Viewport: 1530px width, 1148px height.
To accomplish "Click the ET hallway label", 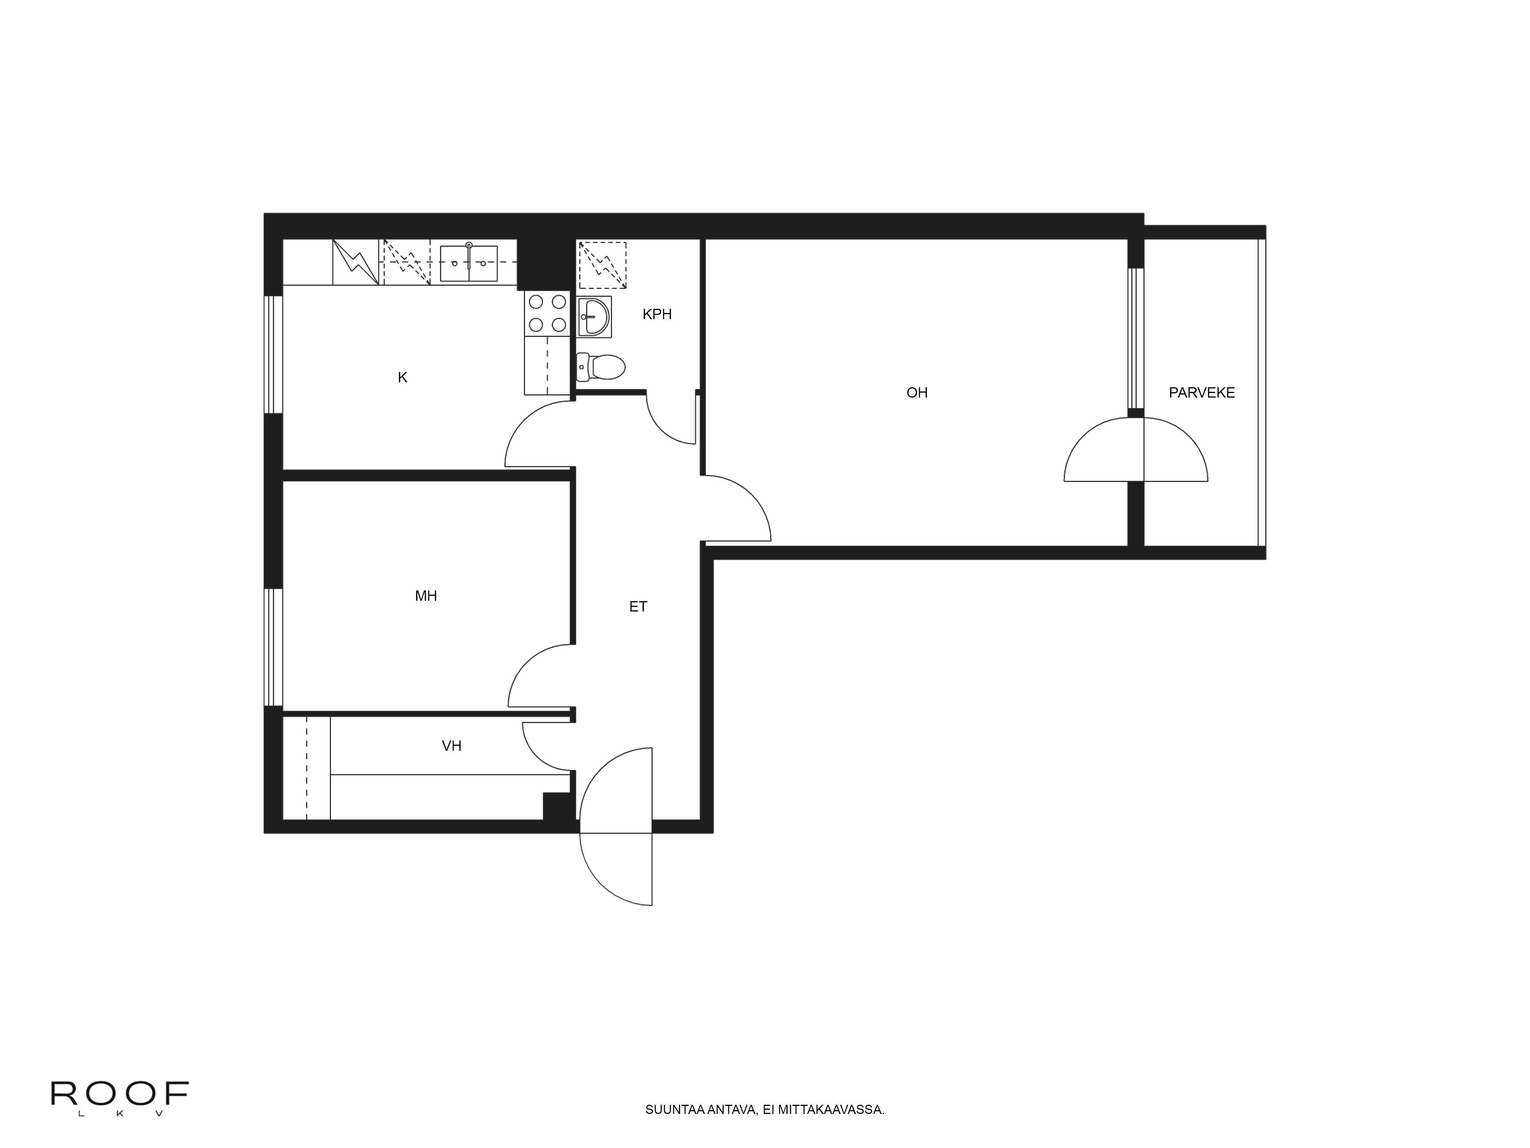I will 638,607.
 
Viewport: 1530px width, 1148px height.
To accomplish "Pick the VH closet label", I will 451,746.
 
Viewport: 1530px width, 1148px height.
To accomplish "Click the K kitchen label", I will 402,378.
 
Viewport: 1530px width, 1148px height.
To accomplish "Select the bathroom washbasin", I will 594,317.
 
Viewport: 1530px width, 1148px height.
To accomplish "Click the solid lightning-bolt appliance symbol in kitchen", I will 355,262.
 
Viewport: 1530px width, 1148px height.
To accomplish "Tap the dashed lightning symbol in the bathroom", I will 602,265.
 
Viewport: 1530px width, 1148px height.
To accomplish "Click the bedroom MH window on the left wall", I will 274,647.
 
